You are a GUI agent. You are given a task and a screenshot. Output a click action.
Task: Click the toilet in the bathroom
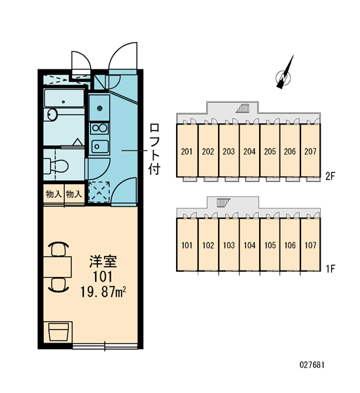tap(56, 166)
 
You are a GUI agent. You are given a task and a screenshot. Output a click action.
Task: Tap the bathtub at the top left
tap(64, 98)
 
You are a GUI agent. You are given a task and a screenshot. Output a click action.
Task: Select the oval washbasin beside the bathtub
tap(52, 115)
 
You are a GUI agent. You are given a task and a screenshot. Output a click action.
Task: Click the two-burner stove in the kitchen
tap(99, 128)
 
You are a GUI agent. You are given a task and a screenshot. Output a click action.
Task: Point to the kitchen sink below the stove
tap(100, 147)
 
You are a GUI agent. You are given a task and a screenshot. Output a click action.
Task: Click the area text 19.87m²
tap(103, 292)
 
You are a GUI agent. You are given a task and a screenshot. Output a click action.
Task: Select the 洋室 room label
tap(103, 261)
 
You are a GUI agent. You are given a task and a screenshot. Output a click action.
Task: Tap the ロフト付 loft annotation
tap(154, 149)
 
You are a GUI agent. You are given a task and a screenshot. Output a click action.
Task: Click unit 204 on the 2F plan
tap(249, 151)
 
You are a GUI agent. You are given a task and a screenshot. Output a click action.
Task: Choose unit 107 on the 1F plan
tap(310, 245)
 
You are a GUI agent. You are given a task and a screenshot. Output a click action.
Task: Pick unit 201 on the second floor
tap(187, 151)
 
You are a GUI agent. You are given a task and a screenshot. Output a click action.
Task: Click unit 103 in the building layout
tap(228, 245)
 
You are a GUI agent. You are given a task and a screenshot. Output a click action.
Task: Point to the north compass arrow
tap(285, 73)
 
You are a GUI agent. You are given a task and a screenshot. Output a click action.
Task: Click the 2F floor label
tap(330, 176)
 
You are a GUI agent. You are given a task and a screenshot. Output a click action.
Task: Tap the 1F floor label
tap(330, 269)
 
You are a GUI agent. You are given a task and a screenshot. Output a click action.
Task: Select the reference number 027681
tap(312, 365)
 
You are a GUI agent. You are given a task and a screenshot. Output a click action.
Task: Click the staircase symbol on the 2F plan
tap(243, 108)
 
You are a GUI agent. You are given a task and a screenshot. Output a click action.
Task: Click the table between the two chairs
tap(58, 267)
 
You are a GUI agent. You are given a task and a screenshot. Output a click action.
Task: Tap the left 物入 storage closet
tap(54, 195)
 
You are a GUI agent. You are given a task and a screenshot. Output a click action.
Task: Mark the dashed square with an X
tap(99, 191)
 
